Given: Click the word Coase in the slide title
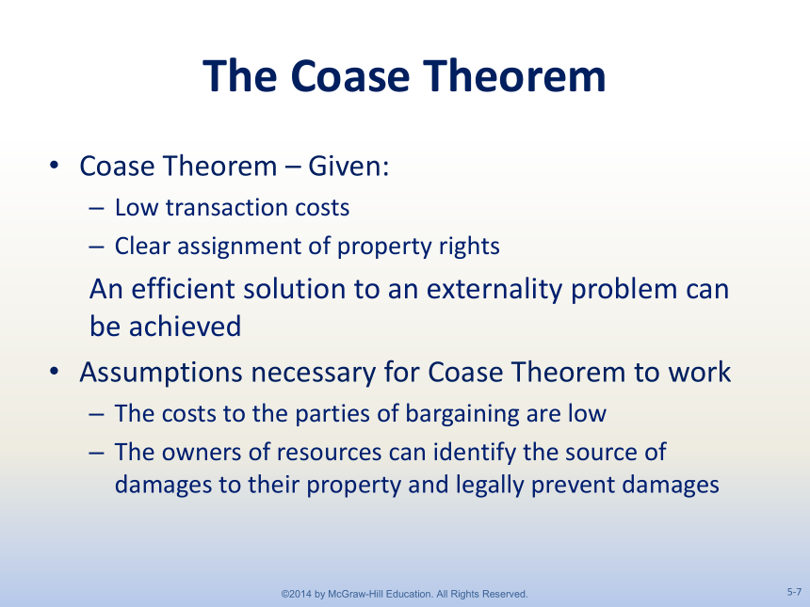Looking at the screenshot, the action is [349, 76].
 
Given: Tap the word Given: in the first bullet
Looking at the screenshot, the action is [348, 167].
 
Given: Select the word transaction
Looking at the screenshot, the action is [226, 207].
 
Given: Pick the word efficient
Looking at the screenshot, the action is [183, 289].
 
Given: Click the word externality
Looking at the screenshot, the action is [494, 290].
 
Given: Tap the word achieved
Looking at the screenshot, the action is [185, 327].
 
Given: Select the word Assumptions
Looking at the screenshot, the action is [161, 373].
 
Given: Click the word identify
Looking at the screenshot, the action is [474, 453].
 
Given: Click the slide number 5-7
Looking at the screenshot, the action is [795, 592].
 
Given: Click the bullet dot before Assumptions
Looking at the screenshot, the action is [55, 372].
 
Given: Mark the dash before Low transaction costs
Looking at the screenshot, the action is [96, 208].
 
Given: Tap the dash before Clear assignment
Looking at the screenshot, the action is [96, 247].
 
